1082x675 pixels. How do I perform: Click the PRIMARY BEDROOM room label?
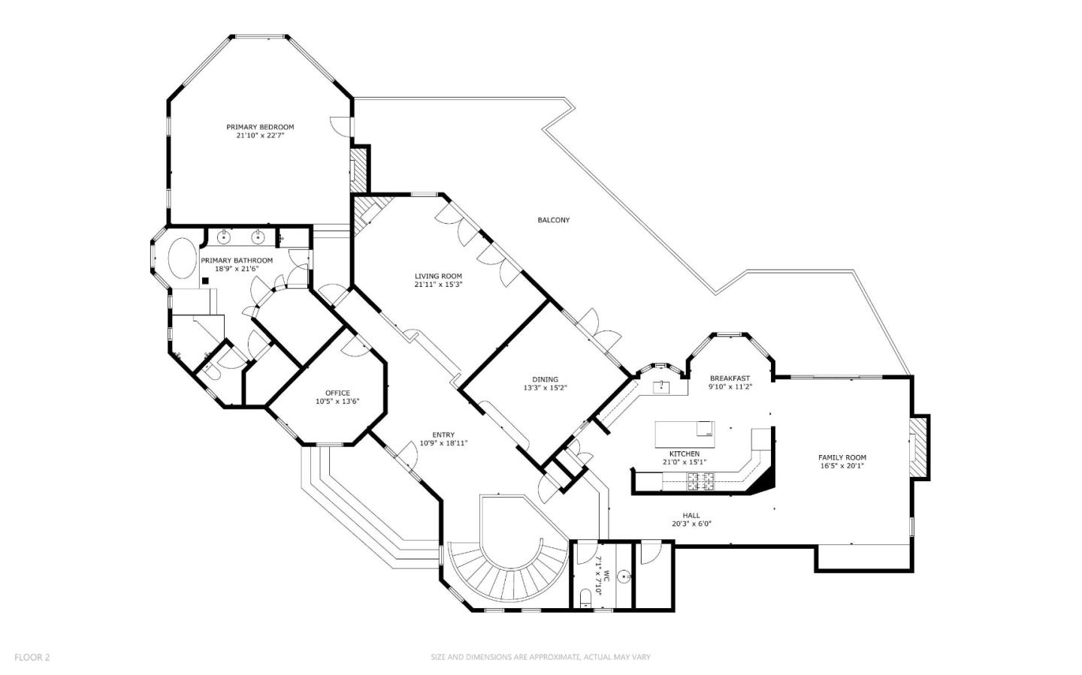260,127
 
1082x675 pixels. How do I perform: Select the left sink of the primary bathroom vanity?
224,238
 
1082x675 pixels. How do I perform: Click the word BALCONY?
553,220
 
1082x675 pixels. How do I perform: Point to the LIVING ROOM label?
438,276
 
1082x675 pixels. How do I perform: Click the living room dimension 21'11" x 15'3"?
438,285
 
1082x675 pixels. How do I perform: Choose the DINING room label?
546,379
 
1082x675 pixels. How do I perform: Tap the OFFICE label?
337,393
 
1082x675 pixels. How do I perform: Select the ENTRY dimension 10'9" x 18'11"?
443,443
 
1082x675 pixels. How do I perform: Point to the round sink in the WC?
624,577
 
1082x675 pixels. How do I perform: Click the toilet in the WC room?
585,598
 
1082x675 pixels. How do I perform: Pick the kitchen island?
685,433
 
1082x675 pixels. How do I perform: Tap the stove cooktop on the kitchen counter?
700,482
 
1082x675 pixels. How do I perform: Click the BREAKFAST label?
730,378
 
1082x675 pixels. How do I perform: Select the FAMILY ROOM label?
842,457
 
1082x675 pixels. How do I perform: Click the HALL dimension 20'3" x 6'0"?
691,524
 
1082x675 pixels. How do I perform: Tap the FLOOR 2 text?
32,657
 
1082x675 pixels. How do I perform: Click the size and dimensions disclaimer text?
540,657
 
